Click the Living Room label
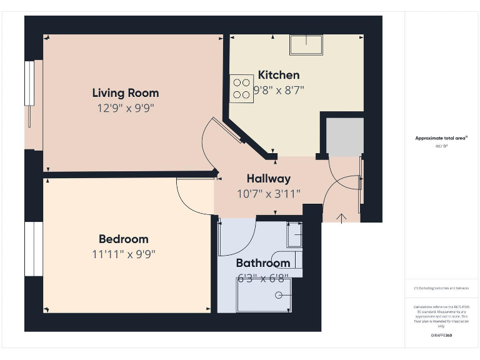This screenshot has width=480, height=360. click(x=126, y=93)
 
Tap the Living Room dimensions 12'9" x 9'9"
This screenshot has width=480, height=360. click(x=126, y=108)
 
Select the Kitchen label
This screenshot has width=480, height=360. click(x=279, y=75)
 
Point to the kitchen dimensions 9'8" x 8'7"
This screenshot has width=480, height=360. click(x=279, y=90)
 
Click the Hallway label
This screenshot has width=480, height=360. click(x=269, y=179)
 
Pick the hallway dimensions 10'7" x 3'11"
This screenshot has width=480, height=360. click(x=269, y=194)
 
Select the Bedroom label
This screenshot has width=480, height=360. click(x=124, y=239)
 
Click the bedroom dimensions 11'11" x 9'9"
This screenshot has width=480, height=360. click(x=124, y=254)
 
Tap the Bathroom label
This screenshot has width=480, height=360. click(x=263, y=263)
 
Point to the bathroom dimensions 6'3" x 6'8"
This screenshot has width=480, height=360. click(x=263, y=278)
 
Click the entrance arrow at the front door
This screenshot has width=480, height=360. click(x=342, y=217)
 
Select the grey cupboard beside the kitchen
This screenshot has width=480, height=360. click(x=345, y=136)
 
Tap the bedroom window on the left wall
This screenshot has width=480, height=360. click(x=33, y=248)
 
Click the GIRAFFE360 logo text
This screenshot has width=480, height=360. click(x=441, y=336)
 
